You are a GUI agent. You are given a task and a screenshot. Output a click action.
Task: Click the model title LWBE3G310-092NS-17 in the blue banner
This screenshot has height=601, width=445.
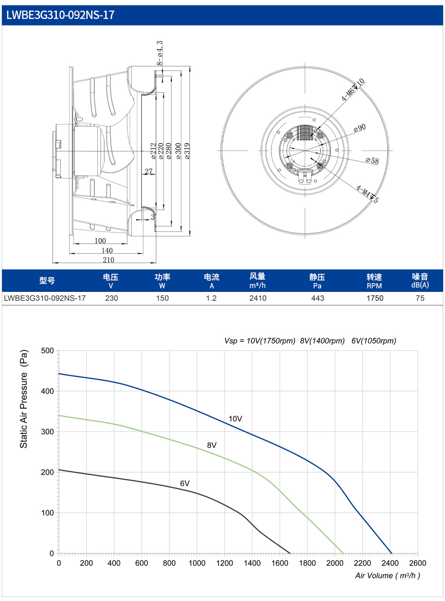click(60, 15)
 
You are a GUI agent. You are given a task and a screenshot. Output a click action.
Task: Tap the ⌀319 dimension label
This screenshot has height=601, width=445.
click(187, 151)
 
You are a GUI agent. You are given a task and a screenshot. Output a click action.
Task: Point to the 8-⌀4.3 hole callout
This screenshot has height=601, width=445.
click(160, 53)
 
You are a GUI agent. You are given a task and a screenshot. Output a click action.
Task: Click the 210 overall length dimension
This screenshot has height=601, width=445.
click(108, 260)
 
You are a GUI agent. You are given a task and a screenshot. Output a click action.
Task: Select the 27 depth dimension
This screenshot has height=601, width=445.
click(148, 171)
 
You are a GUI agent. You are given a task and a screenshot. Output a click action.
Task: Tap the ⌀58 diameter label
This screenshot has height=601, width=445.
click(372, 161)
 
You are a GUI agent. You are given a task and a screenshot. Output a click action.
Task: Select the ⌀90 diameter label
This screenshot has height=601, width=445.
click(360, 127)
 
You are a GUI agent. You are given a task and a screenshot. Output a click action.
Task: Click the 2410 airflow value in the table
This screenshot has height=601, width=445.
click(258, 298)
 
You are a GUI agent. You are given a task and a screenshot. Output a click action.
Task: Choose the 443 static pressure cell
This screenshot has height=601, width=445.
click(317, 298)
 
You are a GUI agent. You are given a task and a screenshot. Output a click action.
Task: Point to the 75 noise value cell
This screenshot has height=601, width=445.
click(420, 298)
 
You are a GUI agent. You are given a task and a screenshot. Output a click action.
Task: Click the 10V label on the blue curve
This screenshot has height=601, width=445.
click(235, 418)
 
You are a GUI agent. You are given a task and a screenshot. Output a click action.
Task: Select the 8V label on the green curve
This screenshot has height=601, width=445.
click(212, 445)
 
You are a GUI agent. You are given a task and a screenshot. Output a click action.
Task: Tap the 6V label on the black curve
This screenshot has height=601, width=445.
click(185, 483)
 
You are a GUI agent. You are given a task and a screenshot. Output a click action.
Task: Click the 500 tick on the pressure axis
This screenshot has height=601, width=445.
click(48, 351)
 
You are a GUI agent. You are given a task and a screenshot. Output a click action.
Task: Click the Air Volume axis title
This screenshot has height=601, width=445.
click(388, 575)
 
